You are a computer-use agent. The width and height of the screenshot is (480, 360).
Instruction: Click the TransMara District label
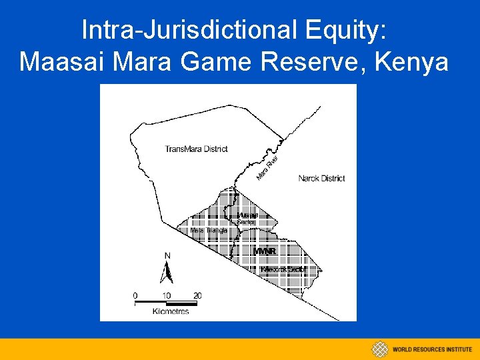click(x=196, y=149)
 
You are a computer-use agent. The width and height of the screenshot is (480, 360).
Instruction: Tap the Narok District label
click(x=321, y=178)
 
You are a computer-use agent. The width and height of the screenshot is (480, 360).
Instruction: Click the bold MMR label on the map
click(x=265, y=251)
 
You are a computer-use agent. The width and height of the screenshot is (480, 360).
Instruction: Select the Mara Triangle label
click(x=209, y=230)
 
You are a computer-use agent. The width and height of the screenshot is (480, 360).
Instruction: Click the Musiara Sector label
click(x=247, y=218)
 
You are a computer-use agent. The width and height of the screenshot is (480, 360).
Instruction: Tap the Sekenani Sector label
click(x=283, y=269)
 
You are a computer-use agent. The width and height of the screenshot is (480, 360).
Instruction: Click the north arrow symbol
click(x=168, y=271)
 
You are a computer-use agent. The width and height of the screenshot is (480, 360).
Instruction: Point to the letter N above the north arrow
click(x=167, y=255)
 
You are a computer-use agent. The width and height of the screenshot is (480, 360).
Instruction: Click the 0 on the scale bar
click(x=135, y=295)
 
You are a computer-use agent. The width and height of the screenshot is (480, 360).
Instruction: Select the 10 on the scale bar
click(x=166, y=295)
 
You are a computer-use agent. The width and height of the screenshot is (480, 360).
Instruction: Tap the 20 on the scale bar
click(x=197, y=295)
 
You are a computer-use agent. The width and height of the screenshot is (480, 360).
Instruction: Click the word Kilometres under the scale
click(x=171, y=311)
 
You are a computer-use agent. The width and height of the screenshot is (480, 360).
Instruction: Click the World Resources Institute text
click(x=432, y=349)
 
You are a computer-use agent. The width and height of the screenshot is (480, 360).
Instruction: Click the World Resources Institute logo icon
click(x=380, y=349)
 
